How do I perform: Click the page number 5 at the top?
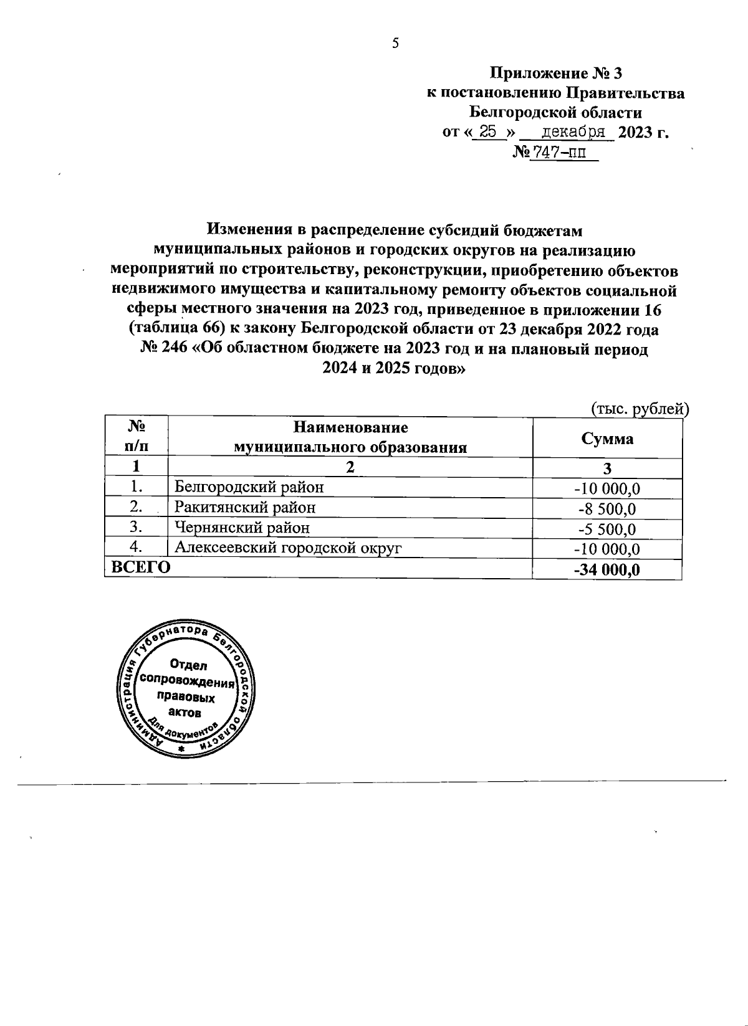pos(395,43)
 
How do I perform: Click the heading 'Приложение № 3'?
pos(556,74)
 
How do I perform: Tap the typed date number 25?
pos(489,131)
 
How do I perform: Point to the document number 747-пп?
pos(557,151)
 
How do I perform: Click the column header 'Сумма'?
pos(607,439)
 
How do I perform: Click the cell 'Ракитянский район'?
pos(245,507)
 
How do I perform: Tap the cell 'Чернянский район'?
pos(242,528)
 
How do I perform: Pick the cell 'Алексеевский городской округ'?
pos(288,548)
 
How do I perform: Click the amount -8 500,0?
pos(607,509)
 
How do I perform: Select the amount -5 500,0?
pos(607,529)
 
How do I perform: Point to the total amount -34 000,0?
pos(607,570)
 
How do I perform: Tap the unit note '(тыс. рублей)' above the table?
pos(639,408)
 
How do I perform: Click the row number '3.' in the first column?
pos(137,528)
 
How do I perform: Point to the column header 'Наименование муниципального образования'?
pos(350,437)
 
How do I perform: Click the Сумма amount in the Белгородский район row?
pos(607,488)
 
